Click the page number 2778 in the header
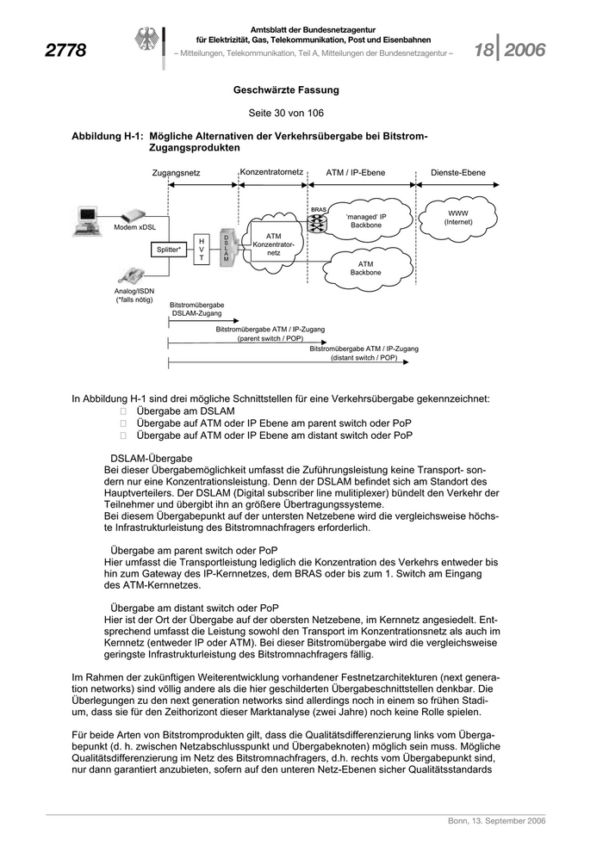click(65, 52)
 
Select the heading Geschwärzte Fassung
click(286, 90)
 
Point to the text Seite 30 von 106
click(286, 113)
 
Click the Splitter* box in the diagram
click(169, 250)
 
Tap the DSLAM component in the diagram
click(227, 248)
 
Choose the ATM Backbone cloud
click(365, 268)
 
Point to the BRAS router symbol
click(319, 221)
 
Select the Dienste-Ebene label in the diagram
click(457, 173)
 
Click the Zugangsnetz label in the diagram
click(177, 173)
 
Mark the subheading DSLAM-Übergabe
click(152, 459)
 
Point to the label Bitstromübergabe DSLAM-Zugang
click(197, 310)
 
